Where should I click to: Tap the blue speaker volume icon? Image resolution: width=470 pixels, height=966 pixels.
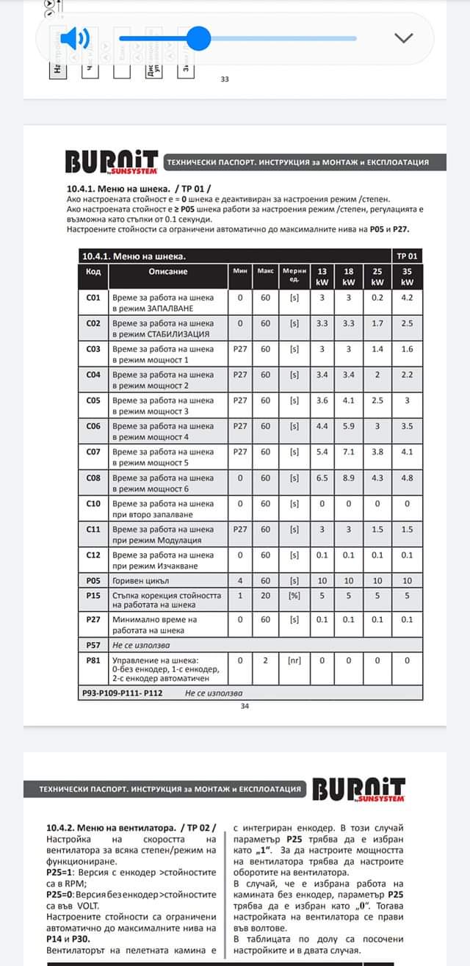[x=74, y=37]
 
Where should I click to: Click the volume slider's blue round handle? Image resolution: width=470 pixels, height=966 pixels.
[x=198, y=37]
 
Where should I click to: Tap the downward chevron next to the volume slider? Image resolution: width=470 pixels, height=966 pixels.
[x=404, y=37]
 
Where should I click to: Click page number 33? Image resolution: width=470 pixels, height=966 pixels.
[x=225, y=79]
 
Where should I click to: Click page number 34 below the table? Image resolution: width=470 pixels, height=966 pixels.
[x=245, y=706]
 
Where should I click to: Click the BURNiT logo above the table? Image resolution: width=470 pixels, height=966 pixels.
[x=112, y=162]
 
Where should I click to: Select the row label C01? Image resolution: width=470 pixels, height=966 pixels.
[x=93, y=298]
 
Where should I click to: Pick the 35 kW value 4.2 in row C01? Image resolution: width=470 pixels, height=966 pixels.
[x=408, y=298]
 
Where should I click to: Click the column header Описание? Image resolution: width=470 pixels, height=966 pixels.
[x=168, y=271]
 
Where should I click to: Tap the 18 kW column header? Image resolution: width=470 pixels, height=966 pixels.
[x=349, y=276]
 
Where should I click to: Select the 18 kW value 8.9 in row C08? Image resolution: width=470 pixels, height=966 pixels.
[x=349, y=477]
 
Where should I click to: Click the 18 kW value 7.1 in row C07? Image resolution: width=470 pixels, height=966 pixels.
[x=349, y=452]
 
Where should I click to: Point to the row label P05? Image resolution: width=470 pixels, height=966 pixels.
[x=93, y=580]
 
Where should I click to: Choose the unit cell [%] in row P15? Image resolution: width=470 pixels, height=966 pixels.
[x=294, y=595]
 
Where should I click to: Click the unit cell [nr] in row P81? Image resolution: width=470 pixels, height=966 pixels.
[x=294, y=660]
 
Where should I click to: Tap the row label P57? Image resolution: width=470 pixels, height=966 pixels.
[x=93, y=645]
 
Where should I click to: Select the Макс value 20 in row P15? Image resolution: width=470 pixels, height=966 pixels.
[x=265, y=595]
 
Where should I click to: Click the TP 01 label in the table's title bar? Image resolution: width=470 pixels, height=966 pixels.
[x=406, y=256]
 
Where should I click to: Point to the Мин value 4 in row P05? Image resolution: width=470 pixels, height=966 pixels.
[x=239, y=580]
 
